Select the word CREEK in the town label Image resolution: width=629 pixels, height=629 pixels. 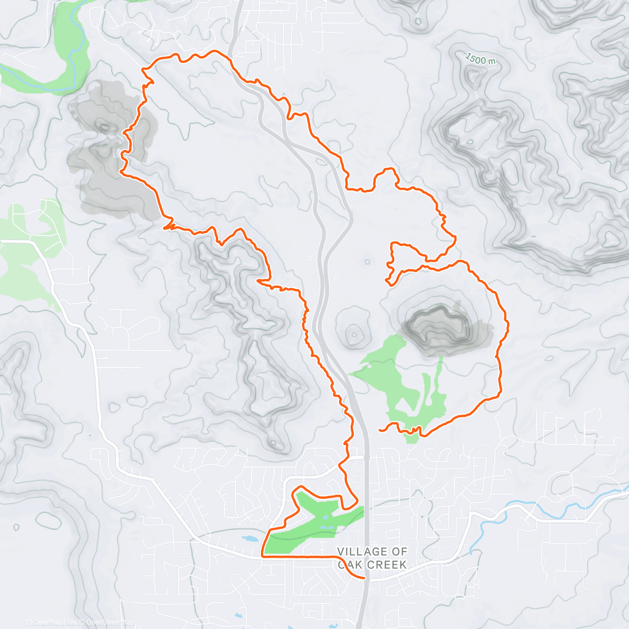pyautogui.click(x=386, y=565)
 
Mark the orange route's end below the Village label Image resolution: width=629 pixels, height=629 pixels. pyautogui.click(x=364, y=579)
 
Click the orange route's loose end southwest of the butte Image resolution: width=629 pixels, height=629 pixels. pyautogui.click(x=379, y=430)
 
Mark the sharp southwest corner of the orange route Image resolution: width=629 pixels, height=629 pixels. pyautogui.click(x=262, y=556)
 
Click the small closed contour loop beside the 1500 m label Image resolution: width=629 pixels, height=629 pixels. pyautogui.click(x=475, y=76)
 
